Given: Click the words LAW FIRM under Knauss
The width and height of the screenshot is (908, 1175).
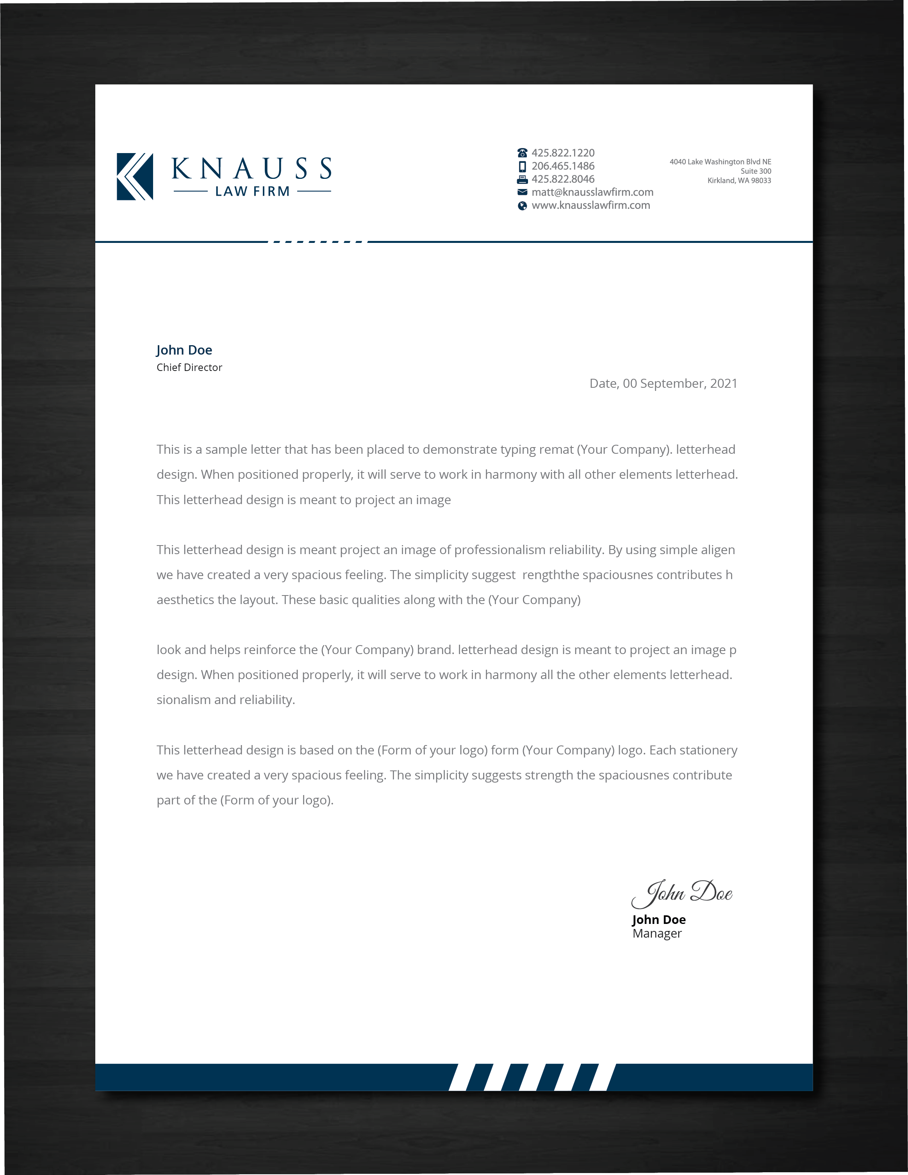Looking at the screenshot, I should click(252, 191).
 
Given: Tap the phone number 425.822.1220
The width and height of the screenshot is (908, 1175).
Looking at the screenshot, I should click(563, 153).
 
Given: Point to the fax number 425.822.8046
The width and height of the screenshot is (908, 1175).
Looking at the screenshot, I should click(563, 179).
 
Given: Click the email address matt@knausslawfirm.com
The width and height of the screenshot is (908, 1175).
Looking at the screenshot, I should click(592, 192).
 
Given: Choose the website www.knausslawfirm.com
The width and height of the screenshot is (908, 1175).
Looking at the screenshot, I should click(590, 205).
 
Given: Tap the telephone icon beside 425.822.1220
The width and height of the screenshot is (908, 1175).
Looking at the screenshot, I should click(522, 153).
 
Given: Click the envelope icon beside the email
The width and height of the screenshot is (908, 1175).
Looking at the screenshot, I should click(522, 192).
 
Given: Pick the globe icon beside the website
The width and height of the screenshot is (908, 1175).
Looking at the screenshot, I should click(522, 205).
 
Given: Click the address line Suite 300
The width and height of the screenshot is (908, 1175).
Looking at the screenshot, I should click(755, 171).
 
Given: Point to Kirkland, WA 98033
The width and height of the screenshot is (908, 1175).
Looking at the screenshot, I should click(739, 181).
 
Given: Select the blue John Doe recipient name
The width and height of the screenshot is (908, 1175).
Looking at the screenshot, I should click(184, 350).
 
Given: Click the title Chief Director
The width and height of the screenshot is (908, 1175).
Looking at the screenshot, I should click(189, 367).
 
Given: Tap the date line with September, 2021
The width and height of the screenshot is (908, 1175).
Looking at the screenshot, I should click(663, 383).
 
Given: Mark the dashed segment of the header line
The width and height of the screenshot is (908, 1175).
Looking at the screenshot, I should click(318, 242).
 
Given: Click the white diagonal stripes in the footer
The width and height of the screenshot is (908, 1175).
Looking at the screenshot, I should click(532, 1077).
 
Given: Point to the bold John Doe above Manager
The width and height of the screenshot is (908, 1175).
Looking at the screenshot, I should click(658, 920).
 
